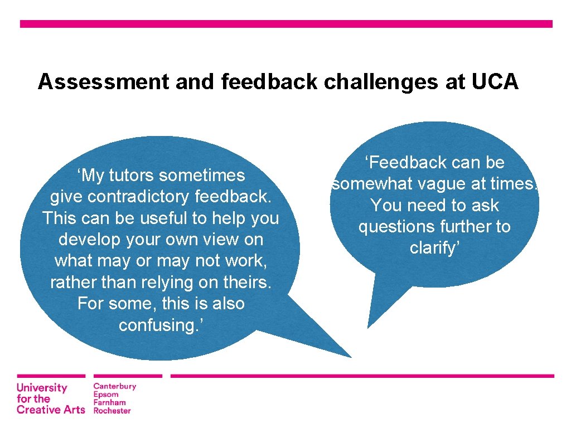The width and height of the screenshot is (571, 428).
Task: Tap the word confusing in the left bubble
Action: (x=158, y=325)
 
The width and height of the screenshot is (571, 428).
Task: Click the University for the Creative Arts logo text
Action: (x=50, y=399)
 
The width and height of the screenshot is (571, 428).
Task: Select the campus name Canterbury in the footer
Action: (x=114, y=386)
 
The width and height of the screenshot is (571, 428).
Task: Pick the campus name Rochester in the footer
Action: (x=112, y=411)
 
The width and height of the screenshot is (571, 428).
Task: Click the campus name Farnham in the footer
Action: (x=109, y=402)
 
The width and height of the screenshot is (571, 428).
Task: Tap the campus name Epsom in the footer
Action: (x=106, y=395)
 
